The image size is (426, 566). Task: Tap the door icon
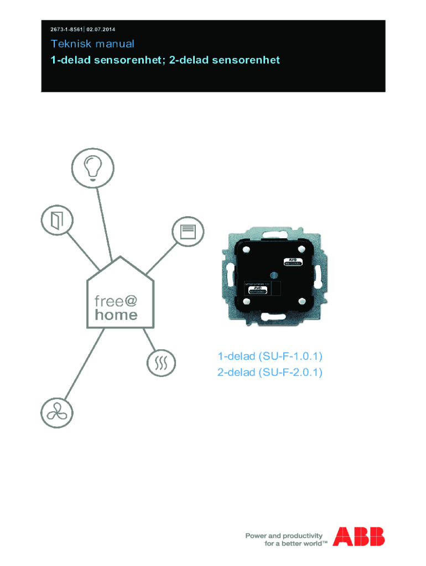pyautogui.click(x=56, y=220)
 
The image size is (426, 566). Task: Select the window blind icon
pyautogui.click(x=188, y=231)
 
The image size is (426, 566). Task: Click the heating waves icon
pyautogui.click(x=161, y=364)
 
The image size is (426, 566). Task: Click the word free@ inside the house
pyautogui.click(x=115, y=301)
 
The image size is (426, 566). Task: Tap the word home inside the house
pyautogui.click(x=116, y=315)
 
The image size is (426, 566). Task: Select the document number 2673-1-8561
pyautogui.click(x=67, y=28)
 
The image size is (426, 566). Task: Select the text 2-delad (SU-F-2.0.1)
pyautogui.click(x=270, y=373)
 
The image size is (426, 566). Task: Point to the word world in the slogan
pyautogui.click(x=313, y=543)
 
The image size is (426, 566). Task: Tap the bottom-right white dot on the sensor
pyautogui.click(x=302, y=301)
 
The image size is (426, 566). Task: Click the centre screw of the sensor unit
pyautogui.click(x=273, y=274)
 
